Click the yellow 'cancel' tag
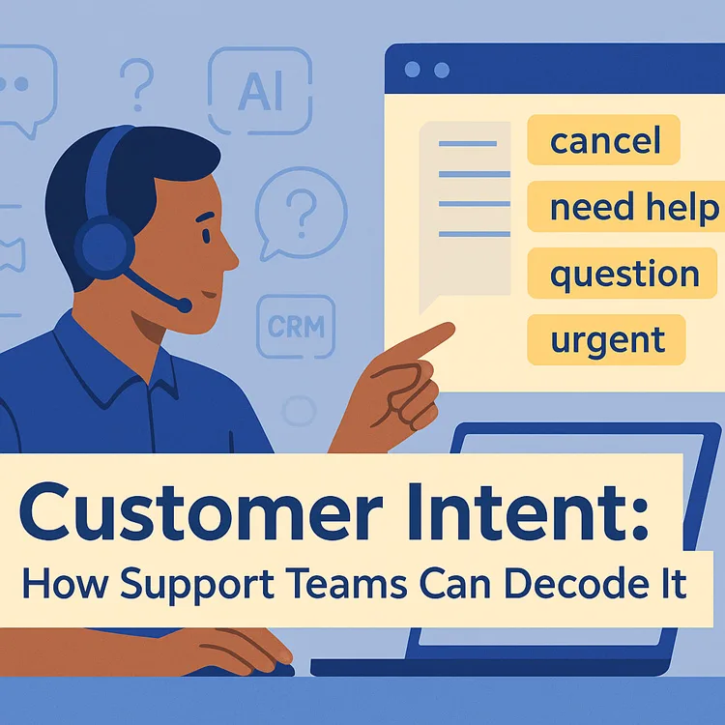pyautogui.click(x=604, y=141)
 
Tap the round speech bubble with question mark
pyautogui.click(x=302, y=208)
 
